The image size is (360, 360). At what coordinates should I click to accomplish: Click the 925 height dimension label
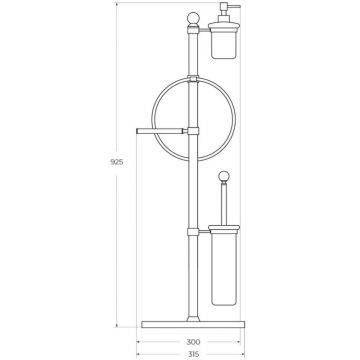click(117, 162)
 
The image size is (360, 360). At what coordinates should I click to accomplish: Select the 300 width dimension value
click(193, 342)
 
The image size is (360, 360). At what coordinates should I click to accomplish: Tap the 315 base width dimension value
click(193, 354)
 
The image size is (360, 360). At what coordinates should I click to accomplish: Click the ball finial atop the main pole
click(193, 19)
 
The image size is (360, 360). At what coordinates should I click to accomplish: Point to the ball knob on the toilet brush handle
click(224, 176)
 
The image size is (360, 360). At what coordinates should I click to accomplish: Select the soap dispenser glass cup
click(224, 45)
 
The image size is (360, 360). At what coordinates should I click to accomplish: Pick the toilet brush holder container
click(224, 268)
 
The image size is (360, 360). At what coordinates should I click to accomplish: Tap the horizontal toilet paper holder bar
click(160, 131)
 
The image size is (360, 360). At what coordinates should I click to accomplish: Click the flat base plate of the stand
click(193, 324)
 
